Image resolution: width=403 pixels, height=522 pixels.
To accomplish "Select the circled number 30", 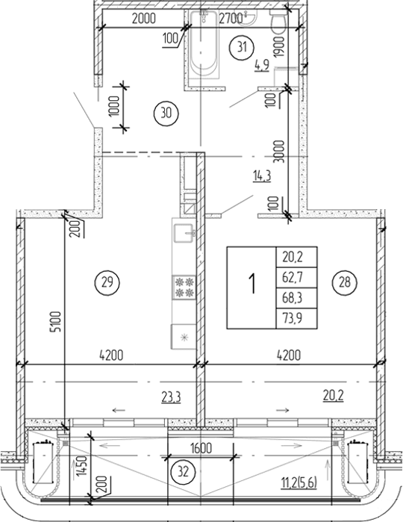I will click(x=165, y=114).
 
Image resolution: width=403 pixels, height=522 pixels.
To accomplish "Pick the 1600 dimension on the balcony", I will click(x=201, y=448).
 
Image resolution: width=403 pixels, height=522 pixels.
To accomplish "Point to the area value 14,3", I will click(x=260, y=177).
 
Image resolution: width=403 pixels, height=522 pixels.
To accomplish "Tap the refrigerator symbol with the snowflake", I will click(x=184, y=337).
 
